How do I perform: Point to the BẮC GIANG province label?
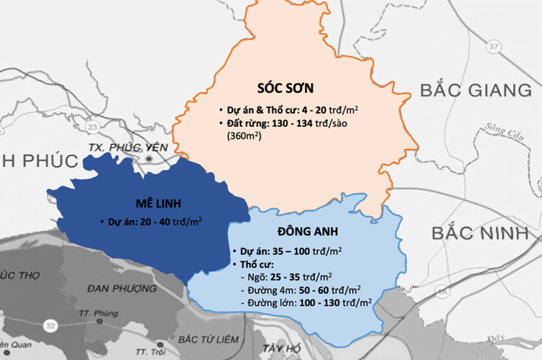pyautogui.click(x=475, y=91)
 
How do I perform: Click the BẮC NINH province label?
pyautogui.click(x=480, y=232)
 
